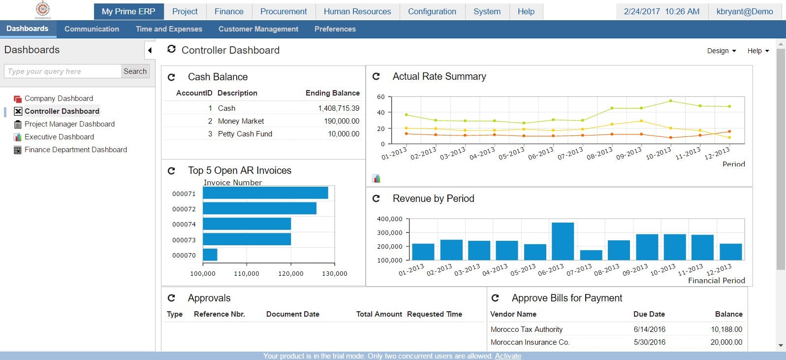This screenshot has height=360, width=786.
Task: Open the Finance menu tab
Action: pyautogui.click(x=229, y=11)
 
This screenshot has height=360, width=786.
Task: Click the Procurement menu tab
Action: pyautogui.click(x=283, y=11)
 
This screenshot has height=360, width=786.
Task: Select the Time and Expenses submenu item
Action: pyautogui.click(x=169, y=29)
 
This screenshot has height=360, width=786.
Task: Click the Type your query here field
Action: pyautogui.click(x=63, y=71)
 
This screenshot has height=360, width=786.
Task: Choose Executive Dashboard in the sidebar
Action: pyautogui.click(x=59, y=137)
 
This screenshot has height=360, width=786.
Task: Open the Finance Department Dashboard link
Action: pyautogui.click(x=75, y=150)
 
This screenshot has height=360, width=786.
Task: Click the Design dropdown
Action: pyautogui.click(x=722, y=51)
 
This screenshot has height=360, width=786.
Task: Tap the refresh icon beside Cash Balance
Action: pyautogui.click(x=171, y=77)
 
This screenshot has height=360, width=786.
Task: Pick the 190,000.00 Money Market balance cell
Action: pyautogui.click(x=341, y=121)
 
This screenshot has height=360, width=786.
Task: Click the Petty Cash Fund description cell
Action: pyautogui.click(x=245, y=134)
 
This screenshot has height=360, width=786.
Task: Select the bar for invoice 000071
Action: pyautogui.click(x=265, y=193)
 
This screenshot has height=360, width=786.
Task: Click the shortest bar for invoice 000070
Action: pyautogui.click(x=210, y=255)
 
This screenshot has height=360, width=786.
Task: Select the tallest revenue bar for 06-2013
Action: pyautogui.click(x=563, y=241)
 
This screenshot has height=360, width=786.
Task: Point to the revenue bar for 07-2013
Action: pyautogui.click(x=591, y=255)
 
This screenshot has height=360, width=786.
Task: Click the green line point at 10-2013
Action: pyautogui.click(x=670, y=101)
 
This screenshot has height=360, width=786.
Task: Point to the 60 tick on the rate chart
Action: pyautogui.click(x=381, y=97)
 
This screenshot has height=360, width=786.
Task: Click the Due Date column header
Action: pyautogui.click(x=649, y=314)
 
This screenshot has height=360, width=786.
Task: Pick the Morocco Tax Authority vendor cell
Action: pyautogui.click(x=526, y=329)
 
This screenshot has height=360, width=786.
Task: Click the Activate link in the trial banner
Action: pyautogui.click(x=508, y=356)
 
